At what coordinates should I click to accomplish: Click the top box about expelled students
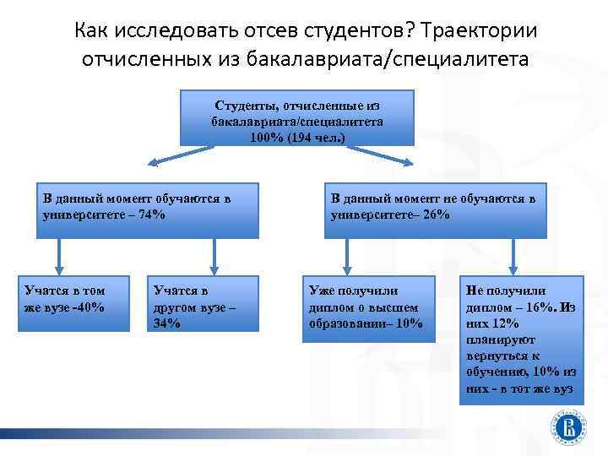click(x=297, y=119)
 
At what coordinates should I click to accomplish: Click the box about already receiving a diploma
click(x=368, y=309)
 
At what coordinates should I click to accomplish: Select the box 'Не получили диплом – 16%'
click(x=520, y=339)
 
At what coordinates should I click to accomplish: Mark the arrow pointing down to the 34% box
click(x=214, y=254)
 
